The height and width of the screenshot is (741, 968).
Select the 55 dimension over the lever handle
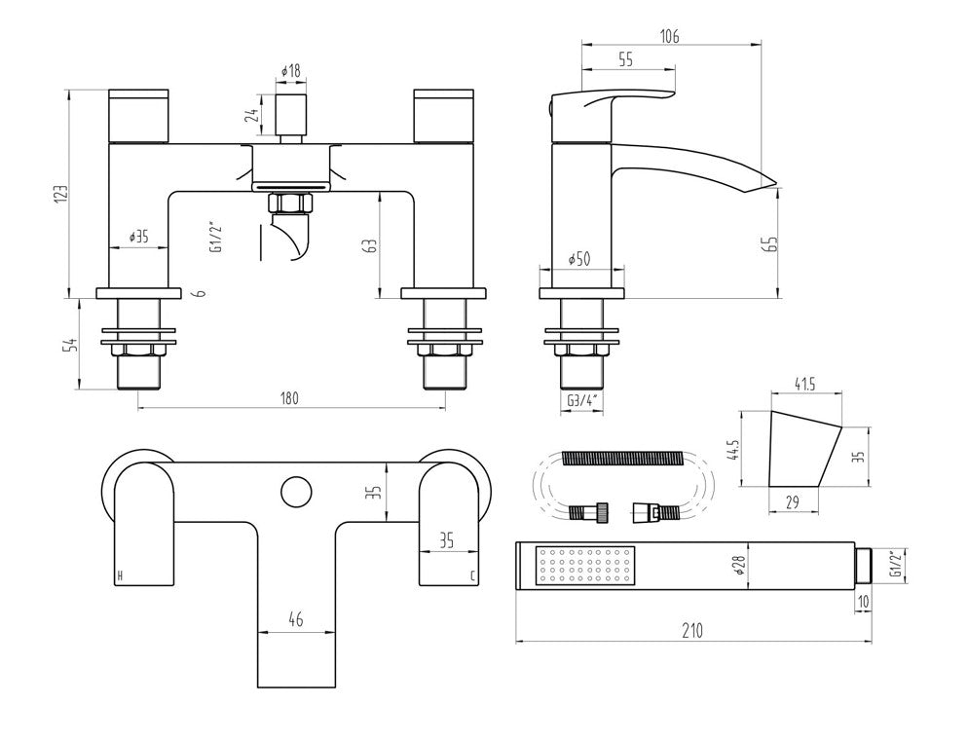[x=625, y=60]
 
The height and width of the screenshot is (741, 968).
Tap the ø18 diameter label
[x=290, y=71]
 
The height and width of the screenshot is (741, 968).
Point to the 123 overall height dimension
[x=60, y=197]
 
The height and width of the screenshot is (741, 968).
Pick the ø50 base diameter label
[x=581, y=259]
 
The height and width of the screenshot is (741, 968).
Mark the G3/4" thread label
[x=581, y=401]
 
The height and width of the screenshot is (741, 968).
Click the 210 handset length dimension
[x=691, y=630]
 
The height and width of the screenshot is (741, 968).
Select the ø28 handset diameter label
[x=741, y=567]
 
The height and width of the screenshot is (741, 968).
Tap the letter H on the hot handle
[x=121, y=576]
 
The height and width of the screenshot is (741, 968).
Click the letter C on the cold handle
[x=472, y=576]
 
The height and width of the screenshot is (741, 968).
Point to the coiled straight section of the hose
[x=619, y=456]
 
